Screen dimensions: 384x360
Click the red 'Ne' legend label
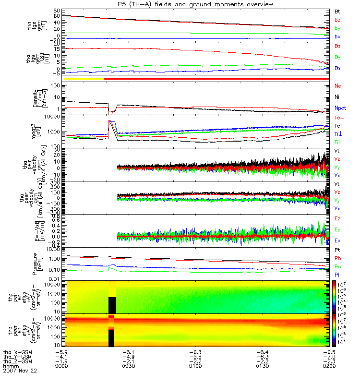click(x=337, y=86)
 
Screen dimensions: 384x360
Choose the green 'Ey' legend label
click(x=337, y=229)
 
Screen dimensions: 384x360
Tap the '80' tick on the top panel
click(x=57, y=10)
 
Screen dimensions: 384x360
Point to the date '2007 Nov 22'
click(x=20, y=371)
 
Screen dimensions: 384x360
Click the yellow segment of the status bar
click(x=84, y=78)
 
